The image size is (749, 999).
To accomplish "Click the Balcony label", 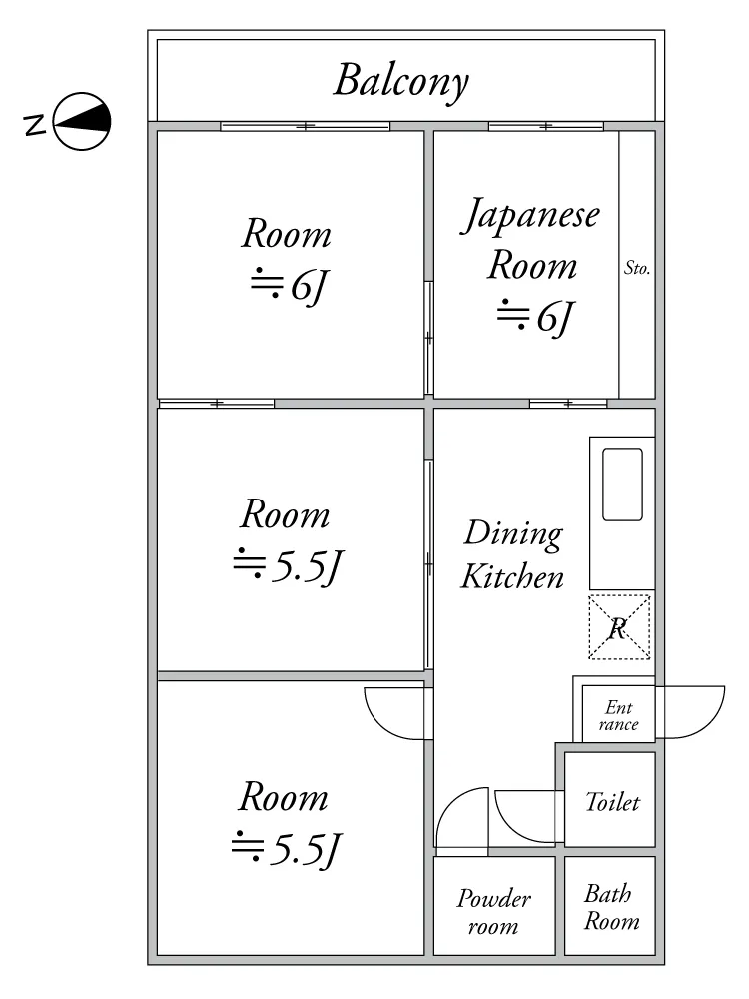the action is click(401, 81).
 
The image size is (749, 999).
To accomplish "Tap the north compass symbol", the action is click(82, 122).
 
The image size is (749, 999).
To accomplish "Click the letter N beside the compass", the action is click(36, 125).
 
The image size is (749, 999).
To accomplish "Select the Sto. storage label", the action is click(637, 268).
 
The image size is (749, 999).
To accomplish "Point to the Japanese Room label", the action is click(530, 239).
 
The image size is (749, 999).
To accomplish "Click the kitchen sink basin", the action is click(622, 485).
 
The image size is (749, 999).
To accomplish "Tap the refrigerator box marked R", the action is click(619, 627).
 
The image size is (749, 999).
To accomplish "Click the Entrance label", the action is click(618, 715).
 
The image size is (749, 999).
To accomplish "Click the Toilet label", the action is click(612, 802).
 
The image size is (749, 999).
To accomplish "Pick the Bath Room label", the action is click(611, 907).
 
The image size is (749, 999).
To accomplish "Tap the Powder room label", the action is click(493, 912).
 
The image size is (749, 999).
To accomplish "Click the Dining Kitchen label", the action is click(512, 554).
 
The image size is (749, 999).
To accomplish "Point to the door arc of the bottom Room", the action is click(382, 725).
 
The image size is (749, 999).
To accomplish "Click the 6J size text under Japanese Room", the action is click(535, 317).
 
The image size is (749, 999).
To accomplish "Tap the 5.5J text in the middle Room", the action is click(288, 566).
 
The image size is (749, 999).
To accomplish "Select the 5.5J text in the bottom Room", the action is click(287, 849).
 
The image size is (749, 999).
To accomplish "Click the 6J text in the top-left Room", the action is click(290, 286).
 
